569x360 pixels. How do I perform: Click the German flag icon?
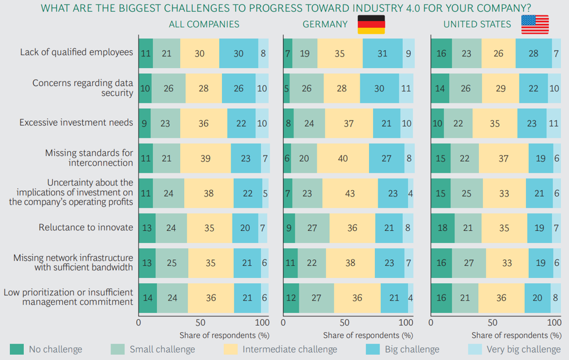pyautogui.click(x=370, y=24)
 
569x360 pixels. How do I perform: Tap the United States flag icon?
pyautogui.click(x=534, y=24)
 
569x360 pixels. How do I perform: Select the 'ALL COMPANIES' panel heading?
pyautogui.click(x=204, y=24)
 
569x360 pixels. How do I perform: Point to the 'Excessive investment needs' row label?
pyautogui.click(x=76, y=123)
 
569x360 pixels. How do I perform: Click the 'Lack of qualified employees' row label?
pyautogui.click(x=77, y=52)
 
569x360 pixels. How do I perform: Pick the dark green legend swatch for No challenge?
pyautogui.click(x=17, y=349)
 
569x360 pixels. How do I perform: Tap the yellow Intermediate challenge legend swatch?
pyautogui.click(x=231, y=349)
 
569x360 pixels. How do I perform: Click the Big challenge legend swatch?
pyautogui.click(x=373, y=349)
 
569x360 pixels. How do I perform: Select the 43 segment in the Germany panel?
pyautogui.click(x=350, y=193)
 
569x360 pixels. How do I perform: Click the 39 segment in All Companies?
pyautogui.click(x=205, y=158)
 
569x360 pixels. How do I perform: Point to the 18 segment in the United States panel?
pyautogui.click(x=442, y=228)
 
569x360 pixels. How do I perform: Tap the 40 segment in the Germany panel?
pyautogui.click(x=343, y=158)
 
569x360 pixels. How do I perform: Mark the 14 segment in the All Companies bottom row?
pyautogui.click(x=148, y=298)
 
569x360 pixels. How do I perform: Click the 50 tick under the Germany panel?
pyautogui.click(x=344, y=323)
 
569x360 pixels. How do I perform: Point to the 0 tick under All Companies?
pyautogui.click(x=138, y=323)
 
